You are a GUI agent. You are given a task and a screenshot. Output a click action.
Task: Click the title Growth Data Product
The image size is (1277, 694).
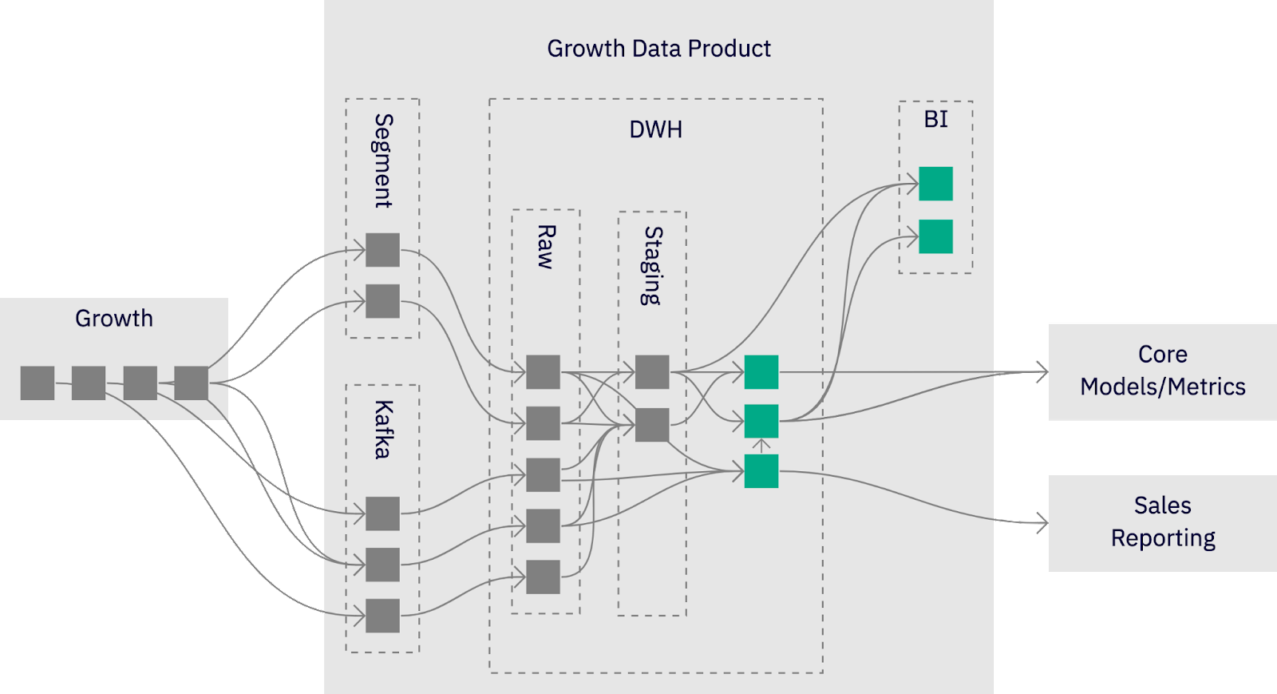[658, 49]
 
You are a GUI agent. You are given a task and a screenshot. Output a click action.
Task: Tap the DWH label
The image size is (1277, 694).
[655, 129]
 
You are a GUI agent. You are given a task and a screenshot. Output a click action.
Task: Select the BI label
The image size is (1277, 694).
[935, 120]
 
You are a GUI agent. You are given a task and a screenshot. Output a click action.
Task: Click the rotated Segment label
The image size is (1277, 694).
[384, 161]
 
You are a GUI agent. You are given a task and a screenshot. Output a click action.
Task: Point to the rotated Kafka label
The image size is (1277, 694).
[383, 429]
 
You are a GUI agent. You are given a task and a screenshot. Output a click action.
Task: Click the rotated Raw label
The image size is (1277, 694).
[546, 246]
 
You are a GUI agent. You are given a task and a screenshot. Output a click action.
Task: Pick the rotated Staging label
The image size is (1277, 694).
[653, 265]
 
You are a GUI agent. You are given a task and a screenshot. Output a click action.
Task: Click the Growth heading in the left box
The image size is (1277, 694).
[114, 319]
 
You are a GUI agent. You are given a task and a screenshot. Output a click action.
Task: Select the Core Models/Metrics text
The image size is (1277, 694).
[1162, 371]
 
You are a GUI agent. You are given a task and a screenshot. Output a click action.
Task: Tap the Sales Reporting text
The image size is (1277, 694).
[1162, 521]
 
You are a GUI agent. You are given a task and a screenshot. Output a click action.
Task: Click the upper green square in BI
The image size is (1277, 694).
[935, 184]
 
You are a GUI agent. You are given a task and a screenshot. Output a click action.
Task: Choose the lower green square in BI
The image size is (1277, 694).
[935, 236]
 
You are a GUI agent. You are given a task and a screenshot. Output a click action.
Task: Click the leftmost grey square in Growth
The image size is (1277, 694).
[38, 383]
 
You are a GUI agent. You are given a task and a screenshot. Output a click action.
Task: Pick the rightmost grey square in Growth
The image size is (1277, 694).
[192, 383]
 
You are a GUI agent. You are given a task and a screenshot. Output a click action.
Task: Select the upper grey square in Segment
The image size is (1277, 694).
[382, 250]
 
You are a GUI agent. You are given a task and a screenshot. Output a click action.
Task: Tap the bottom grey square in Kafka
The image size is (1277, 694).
[382, 616]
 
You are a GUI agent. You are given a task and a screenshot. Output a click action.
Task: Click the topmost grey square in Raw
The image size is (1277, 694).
[544, 372]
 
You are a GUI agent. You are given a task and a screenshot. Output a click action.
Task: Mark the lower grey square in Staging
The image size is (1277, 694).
[652, 425]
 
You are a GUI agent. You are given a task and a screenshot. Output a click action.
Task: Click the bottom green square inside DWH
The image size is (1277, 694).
[761, 471]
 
